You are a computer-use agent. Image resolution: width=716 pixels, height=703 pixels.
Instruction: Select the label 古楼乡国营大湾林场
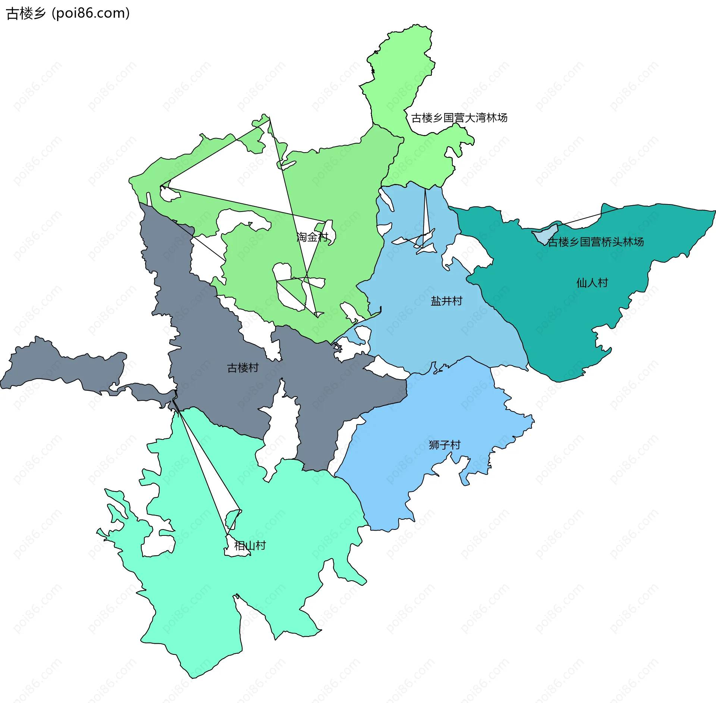459,118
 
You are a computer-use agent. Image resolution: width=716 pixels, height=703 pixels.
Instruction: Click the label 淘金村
312,237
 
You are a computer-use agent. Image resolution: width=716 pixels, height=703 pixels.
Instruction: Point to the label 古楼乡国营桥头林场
596,242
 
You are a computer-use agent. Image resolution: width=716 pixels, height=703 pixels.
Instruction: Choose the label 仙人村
592,282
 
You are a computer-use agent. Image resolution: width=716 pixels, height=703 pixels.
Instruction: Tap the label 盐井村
446,301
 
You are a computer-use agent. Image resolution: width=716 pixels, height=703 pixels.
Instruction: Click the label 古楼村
243,368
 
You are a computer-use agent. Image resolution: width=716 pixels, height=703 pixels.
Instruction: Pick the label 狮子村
445,445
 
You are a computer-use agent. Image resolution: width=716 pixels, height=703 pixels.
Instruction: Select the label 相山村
250,546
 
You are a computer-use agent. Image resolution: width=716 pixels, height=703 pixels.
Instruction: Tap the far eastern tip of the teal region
714,212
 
